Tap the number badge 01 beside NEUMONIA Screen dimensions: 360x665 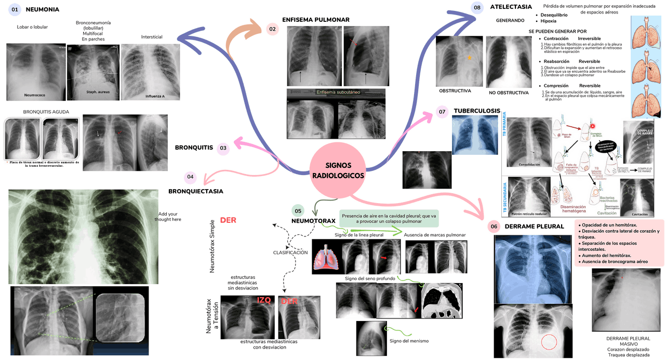tap(15, 9)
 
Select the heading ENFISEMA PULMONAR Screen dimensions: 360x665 tap(315, 20)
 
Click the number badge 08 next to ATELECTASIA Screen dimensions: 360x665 tap(477, 7)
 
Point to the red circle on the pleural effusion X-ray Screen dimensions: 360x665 tap(549, 343)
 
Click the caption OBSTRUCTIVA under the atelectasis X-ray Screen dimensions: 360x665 tap(455, 91)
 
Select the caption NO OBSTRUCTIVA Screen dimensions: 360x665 tap(508, 93)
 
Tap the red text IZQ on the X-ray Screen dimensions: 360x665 tap(263, 300)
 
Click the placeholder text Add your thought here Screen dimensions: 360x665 tap(168, 217)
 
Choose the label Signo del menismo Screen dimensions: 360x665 tap(409, 341)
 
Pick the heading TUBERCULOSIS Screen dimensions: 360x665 tap(476, 111)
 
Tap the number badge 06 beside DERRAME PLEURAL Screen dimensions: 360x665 tap(494, 226)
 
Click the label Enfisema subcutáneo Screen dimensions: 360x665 tap(338, 92)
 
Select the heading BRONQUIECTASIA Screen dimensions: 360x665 tap(195, 191)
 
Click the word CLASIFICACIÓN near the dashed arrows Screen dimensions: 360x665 tap(290, 252)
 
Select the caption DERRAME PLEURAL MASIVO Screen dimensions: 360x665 tap(628, 341)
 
